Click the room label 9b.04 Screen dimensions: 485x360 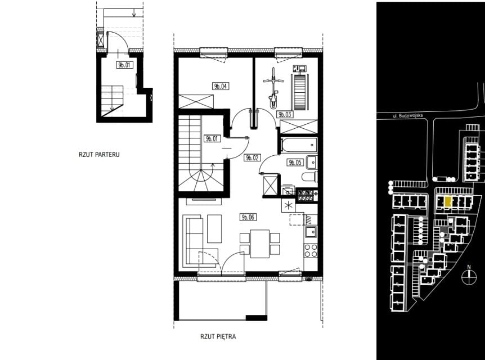[x=221, y=86]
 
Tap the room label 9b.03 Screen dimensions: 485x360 [x=285, y=114]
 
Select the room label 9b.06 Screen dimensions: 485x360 [x=248, y=217]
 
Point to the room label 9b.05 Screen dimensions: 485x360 [x=295, y=162]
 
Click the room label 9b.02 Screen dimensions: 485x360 [x=252, y=157]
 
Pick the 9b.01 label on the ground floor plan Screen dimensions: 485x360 [x=125, y=65]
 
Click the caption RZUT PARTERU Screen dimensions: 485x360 [x=99, y=154]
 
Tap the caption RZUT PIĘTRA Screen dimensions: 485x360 [x=218, y=336]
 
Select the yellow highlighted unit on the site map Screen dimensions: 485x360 [x=447, y=201]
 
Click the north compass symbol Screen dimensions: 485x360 [x=469, y=276]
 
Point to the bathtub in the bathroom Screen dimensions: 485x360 [x=299, y=145]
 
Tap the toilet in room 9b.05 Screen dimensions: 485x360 [x=309, y=177]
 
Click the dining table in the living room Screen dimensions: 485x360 [x=260, y=244]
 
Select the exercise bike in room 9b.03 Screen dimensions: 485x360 [x=273, y=88]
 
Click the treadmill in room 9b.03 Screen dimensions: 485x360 [x=300, y=88]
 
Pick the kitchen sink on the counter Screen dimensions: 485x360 [x=311, y=232]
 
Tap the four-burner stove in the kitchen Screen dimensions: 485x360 [x=311, y=250]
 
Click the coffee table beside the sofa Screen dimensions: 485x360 [x=214, y=228]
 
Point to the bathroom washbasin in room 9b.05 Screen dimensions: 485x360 [x=312, y=162]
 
